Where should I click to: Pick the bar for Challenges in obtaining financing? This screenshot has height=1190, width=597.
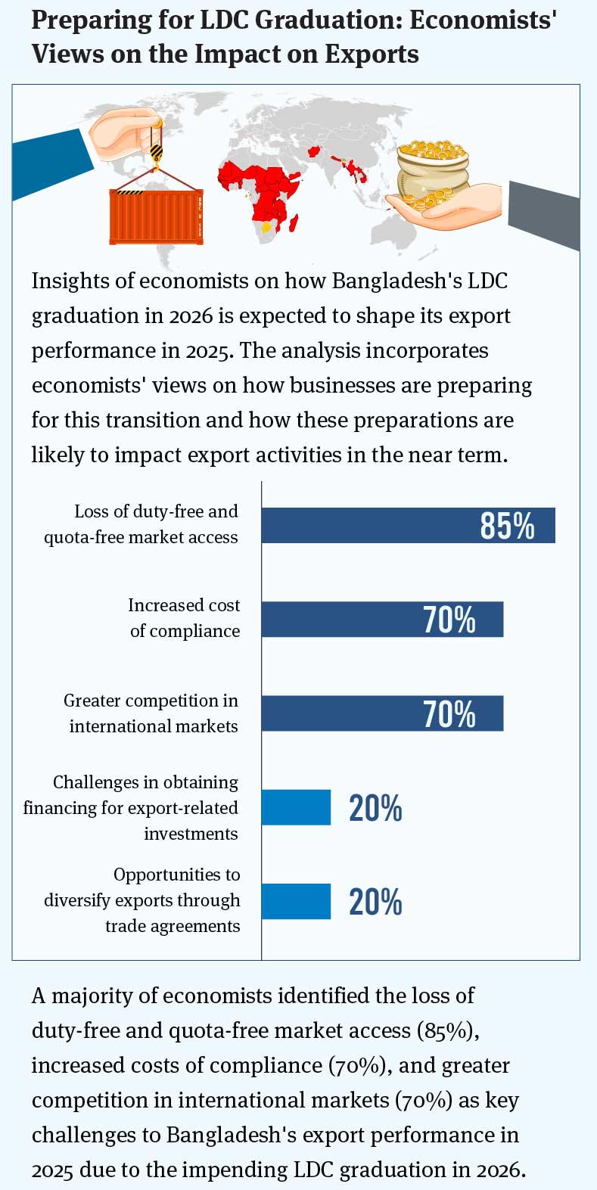pyautogui.click(x=296, y=807)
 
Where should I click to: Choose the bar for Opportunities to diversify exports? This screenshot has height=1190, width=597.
pyautogui.click(x=296, y=901)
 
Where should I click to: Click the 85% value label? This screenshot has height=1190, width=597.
pyautogui.click(x=507, y=525)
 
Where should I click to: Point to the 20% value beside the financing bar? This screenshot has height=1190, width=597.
pyautogui.click(x=375, y=808)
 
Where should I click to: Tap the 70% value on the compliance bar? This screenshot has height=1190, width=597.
pyautogui.click(x=449, y=619)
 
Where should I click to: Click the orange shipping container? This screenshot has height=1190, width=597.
pyautogui.click(x=156, y=216)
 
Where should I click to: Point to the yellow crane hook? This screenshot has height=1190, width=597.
pyautogui.click(x=156, y=154)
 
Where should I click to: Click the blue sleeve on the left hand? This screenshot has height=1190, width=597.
pyautogui.click(x=49, y=163)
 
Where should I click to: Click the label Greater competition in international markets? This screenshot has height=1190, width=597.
pyautogui.click(x=151, y=713)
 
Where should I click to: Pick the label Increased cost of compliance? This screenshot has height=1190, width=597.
pyautogui.click(x=184, y=618)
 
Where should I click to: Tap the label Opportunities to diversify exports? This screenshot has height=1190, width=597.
pyautogui.click(x=142, y=900)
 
